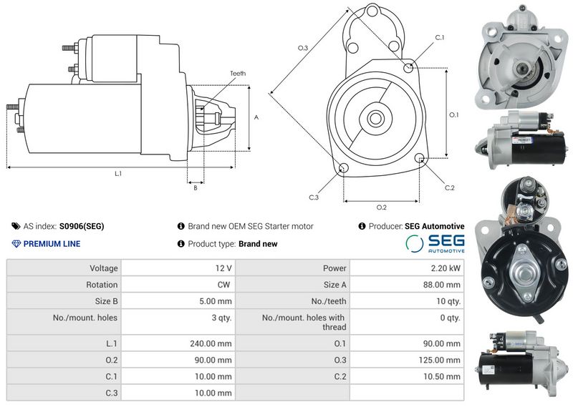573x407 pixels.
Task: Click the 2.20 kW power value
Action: click(446, 268)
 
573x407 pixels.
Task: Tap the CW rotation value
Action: click(223, 285)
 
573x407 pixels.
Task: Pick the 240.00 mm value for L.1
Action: click(211, 343)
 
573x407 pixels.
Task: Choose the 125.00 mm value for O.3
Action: click(439, 360)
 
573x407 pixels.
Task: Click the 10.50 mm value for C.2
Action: click(442, 376)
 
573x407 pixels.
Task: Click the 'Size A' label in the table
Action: click(334, 285)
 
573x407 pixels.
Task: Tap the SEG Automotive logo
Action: click(435, 243)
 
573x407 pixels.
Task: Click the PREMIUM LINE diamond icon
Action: click(16, 244)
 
